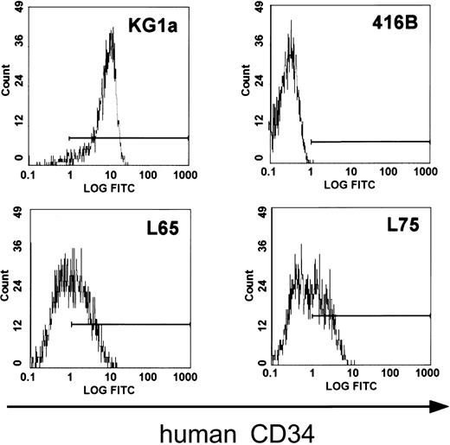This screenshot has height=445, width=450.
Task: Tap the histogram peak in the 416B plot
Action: coord(292,23)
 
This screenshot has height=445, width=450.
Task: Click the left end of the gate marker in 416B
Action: coord(311,142)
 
